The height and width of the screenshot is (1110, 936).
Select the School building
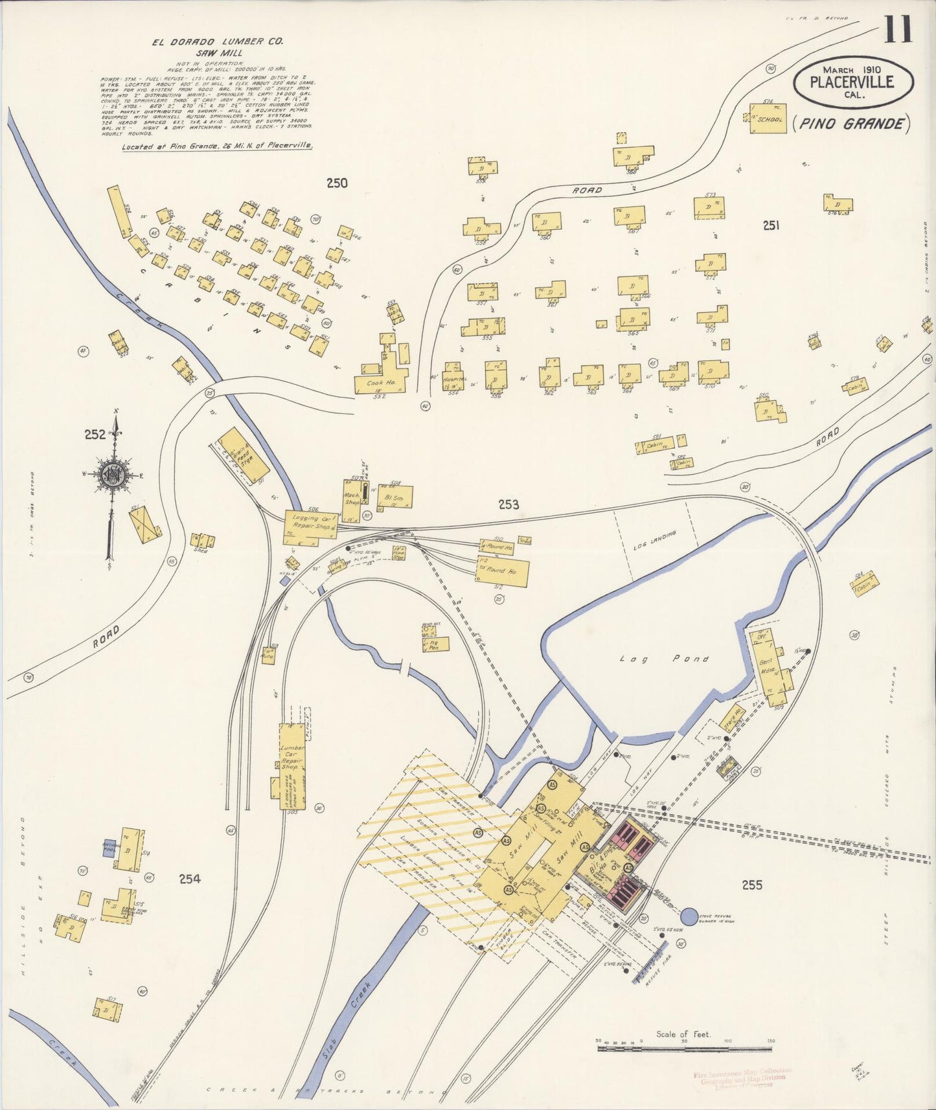768,119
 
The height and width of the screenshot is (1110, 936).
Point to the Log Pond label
663,659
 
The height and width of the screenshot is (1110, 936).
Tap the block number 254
190,879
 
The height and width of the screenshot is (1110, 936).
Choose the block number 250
337,183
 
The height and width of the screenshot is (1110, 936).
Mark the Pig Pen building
431,644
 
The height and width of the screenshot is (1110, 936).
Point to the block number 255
751,885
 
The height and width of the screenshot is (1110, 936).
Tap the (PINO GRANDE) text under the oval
850,124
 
